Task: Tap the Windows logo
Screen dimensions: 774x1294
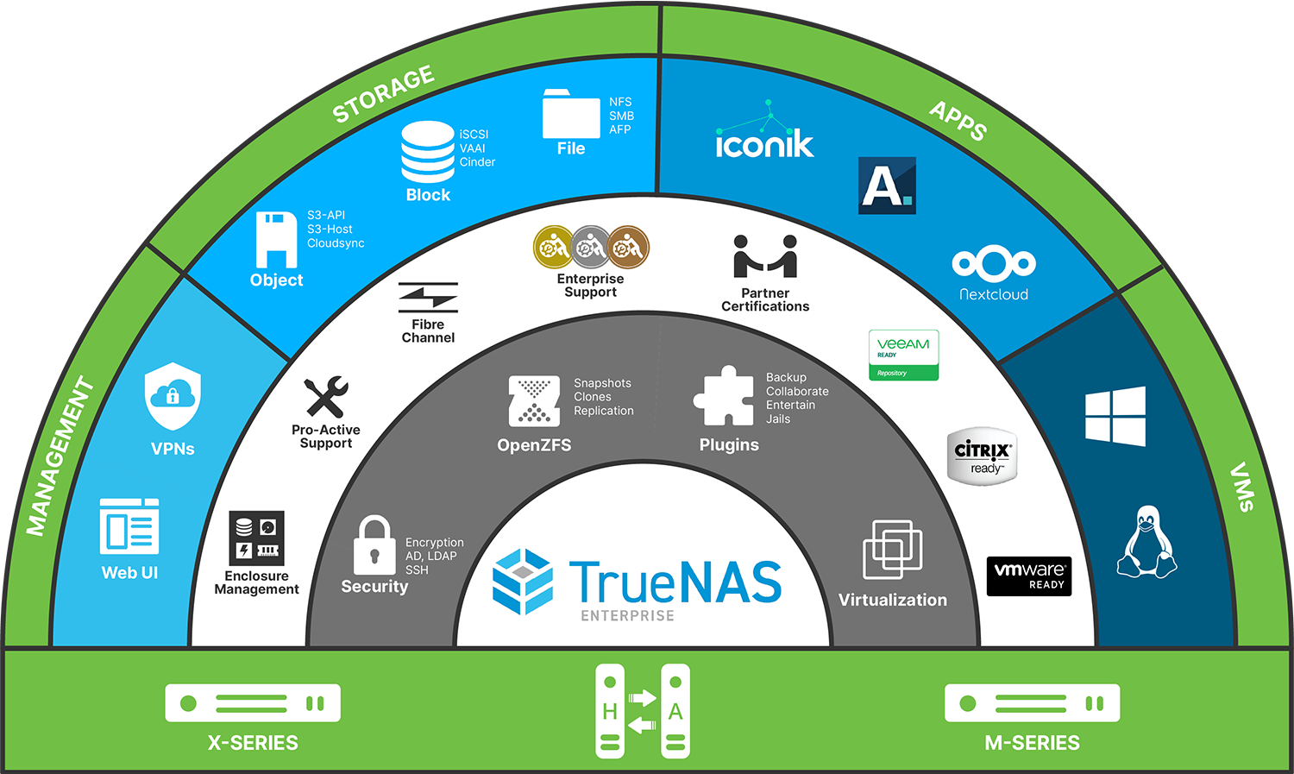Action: [1115, 416]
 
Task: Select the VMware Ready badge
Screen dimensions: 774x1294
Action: [1029, 576]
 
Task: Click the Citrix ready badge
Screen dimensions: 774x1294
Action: [983, 456]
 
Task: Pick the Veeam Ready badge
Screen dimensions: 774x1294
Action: [903, 355]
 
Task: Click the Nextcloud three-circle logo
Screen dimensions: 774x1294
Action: [994, 263]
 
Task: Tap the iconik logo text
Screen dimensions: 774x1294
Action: [764, 143]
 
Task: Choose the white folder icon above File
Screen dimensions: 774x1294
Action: [570, 115]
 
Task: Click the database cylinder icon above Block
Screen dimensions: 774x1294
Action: [428, 151]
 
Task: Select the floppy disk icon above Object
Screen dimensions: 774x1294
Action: [276, 239]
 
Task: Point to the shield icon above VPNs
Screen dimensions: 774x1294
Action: [173, 396]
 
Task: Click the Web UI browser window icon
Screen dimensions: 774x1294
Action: [129, 525]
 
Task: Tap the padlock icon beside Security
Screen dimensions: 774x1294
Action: [374, 545]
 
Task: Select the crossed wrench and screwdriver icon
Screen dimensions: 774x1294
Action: [326, 397]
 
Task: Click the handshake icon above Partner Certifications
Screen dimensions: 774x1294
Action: [765, 256]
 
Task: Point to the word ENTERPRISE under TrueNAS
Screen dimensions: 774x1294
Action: [627, 615]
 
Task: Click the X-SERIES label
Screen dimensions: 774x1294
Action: [253, 743]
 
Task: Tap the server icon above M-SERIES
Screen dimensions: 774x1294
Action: [1032, 703]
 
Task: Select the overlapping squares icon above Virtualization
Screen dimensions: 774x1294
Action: [892, 549]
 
